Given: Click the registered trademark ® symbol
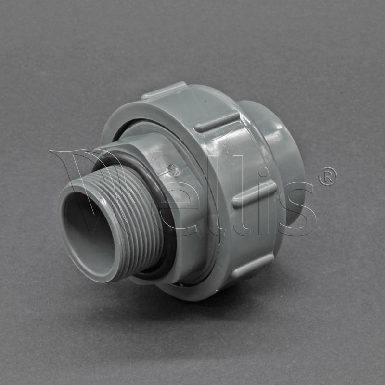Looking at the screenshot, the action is pyautogui.click(x=328, y=177).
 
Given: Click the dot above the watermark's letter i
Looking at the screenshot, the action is pyautogui.click(x=264, y=172).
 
